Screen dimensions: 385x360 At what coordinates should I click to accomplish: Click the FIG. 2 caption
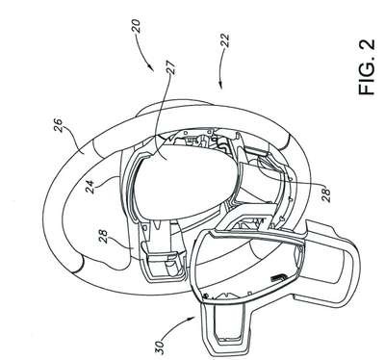[367, 66]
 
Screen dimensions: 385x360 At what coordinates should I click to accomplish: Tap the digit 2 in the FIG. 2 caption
[367, 44]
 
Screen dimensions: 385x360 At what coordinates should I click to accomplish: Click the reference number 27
[171, 67]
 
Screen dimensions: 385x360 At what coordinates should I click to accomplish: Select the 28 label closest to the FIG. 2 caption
[325, 195]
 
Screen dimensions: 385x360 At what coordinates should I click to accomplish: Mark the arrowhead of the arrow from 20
[151, 68]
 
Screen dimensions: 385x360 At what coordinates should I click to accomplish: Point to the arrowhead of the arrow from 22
[220, 84]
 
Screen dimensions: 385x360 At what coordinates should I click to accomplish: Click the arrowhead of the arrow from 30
[193, 318]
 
